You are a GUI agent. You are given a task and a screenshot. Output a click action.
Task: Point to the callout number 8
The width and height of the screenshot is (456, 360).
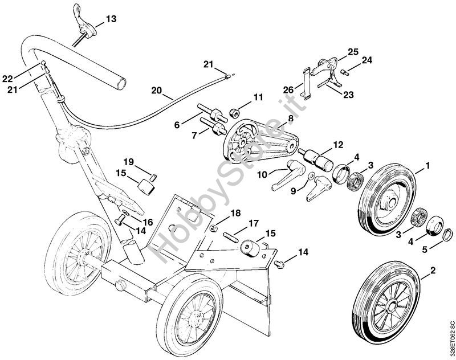290,118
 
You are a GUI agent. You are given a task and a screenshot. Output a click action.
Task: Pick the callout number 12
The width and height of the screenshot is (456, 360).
338,145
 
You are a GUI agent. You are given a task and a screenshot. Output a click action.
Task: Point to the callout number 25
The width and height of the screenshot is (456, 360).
353,52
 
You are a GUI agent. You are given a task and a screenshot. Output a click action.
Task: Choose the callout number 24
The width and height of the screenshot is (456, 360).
366,60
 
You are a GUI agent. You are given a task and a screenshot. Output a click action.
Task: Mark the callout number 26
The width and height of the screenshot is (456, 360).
288,89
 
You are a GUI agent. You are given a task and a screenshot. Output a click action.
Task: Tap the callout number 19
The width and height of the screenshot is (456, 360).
128,161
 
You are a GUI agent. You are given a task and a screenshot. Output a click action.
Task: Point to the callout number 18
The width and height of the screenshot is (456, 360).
235,213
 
